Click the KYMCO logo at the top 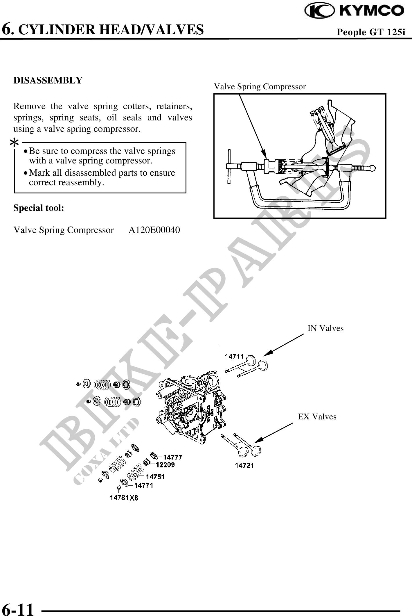tap(354, 11)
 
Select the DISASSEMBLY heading tap(48, 80)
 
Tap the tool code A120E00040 tap(154, 230)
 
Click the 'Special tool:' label tap(39, 208)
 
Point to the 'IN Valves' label tap(325, 328)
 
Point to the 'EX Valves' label tap(317, 417)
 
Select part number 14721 tap(244, 465)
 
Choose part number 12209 tap(165, 465)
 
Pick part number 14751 tap(155, 477)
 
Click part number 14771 tap(143, 485)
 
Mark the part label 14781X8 tap(124, 498)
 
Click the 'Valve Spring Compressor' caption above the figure tap(260, 87)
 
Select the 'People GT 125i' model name tap(370, 32)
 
